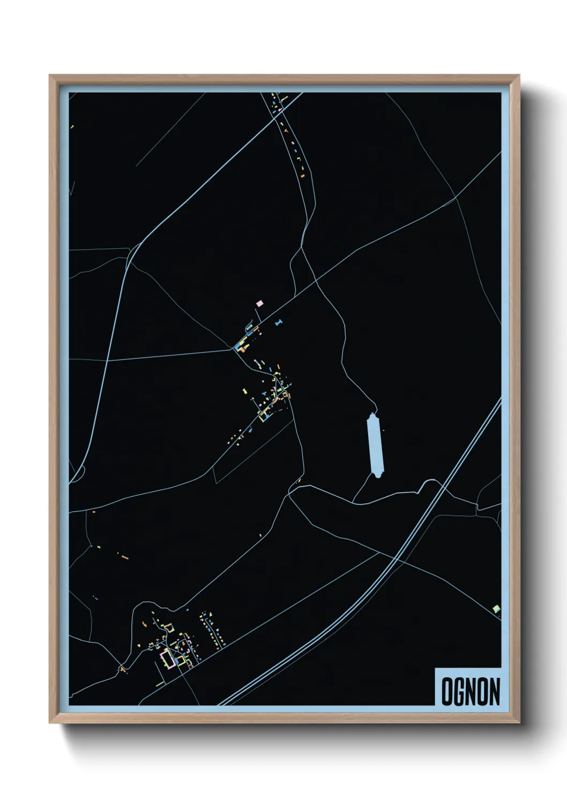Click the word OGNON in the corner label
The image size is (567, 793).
(x=471, y=692)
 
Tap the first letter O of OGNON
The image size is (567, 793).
(x=447, y=692)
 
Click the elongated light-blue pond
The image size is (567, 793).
(x=375, y=444)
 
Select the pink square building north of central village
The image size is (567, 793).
(x=260, y=303)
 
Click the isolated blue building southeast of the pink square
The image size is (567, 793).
(x=278, y=323)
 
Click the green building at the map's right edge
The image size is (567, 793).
(x=496, y=608)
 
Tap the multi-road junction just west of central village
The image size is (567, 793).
(x=234, y=349)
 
